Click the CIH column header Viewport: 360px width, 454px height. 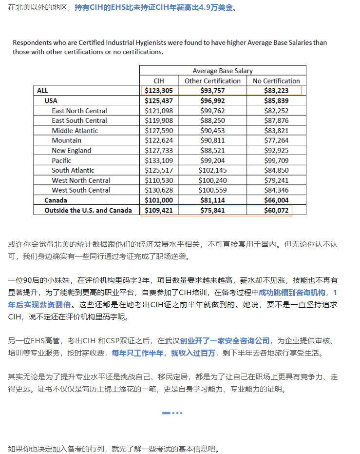click(159, 81)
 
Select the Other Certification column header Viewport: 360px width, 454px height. click(212, 81)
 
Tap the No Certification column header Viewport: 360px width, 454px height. click(276, 81)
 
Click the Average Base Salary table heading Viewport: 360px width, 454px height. click(223, 71)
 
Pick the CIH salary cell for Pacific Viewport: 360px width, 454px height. click(159, 160)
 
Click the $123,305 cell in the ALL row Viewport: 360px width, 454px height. click(159, 91)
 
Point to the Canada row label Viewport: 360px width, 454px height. click(56, 200)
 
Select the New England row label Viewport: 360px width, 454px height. click(71, 151)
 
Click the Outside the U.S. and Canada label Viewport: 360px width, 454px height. click(88, 211)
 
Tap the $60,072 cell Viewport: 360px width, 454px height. click(276, 211)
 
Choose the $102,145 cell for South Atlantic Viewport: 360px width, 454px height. click(212, 171)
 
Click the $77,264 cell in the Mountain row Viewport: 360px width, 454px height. click(276, 140)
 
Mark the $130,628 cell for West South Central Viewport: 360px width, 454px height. click(159, 190)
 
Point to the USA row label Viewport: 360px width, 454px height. click(51, 101)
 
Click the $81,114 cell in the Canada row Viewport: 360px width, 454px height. click(212, 200)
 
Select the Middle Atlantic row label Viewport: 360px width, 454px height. click(75, 131)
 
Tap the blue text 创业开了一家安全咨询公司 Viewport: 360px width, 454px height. click(218, 340)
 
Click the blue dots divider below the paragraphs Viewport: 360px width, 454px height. click(172, 413)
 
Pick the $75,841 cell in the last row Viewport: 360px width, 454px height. click(212, 211)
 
